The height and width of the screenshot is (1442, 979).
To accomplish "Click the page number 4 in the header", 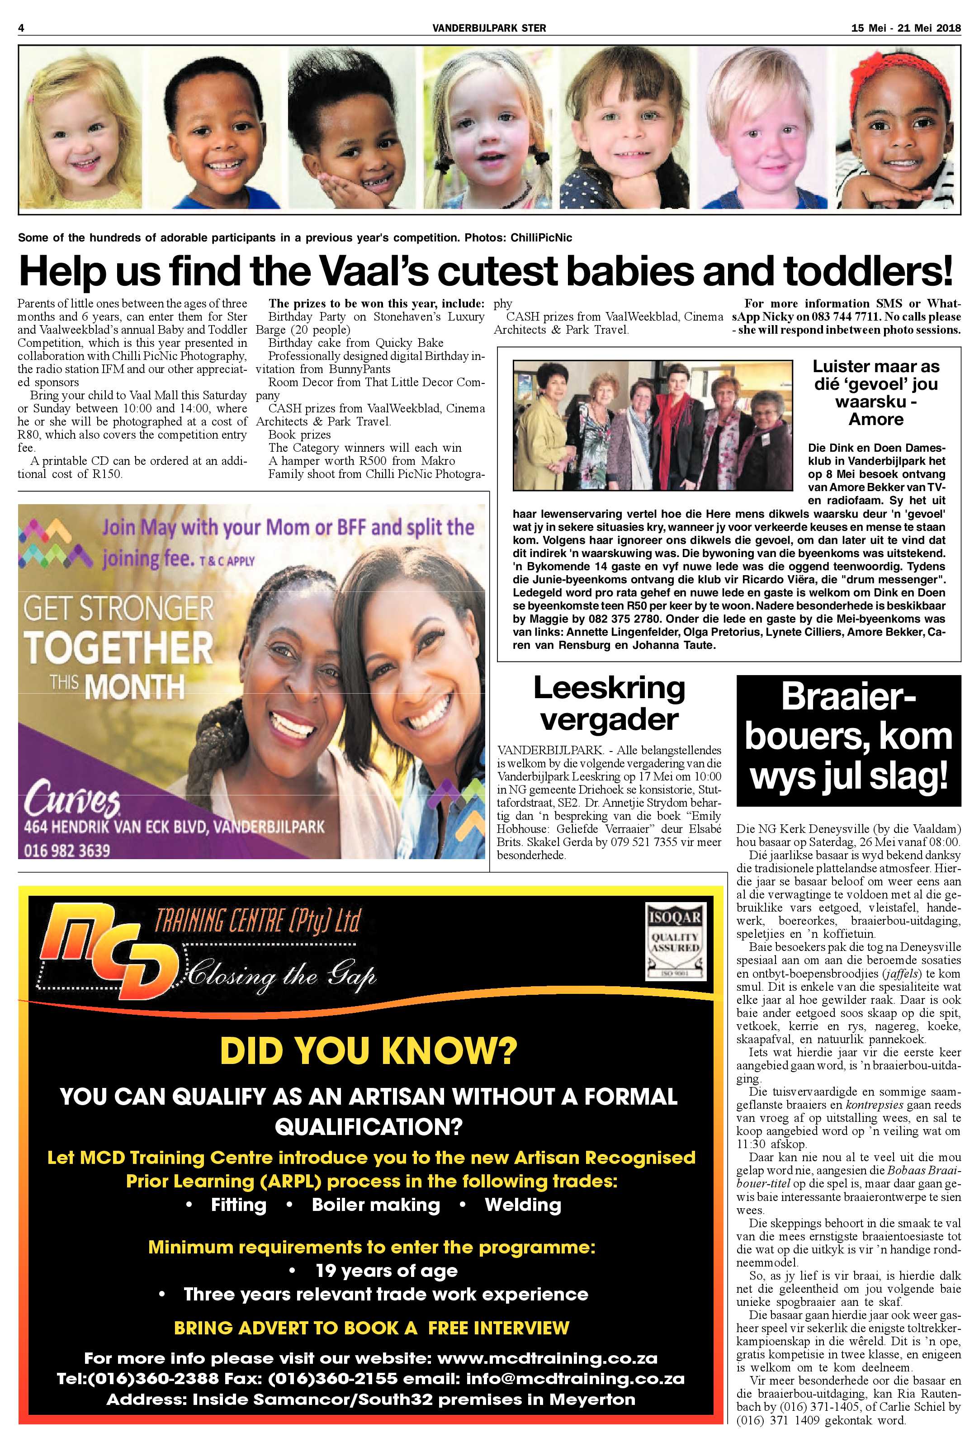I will point(21,28).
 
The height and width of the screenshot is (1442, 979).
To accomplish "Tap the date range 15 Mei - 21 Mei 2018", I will point(905,28).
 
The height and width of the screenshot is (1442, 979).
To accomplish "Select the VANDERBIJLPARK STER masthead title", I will point(489,28).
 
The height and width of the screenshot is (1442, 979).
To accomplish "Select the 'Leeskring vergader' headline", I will point(609,703).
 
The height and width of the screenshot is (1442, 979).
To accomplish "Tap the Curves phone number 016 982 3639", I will point(67,850).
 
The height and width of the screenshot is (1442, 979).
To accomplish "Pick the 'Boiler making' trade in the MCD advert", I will point(375,1205).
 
